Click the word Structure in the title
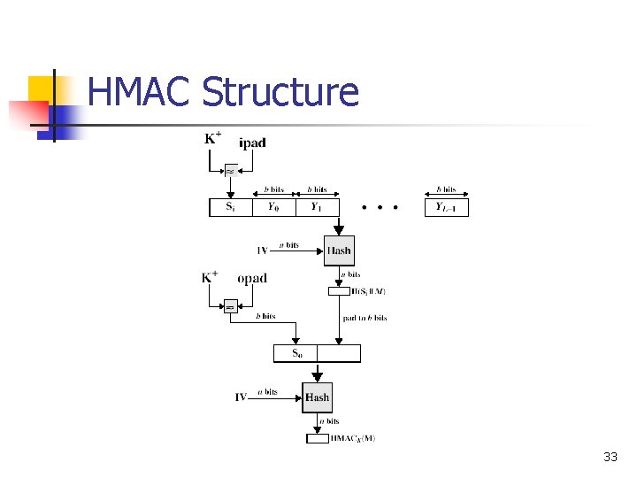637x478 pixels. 280,92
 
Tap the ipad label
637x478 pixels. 252,143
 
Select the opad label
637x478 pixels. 251,278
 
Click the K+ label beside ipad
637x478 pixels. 213,138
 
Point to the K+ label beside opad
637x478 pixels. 210,277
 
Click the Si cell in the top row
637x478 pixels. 230,207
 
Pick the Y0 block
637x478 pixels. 273,207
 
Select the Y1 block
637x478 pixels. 317,207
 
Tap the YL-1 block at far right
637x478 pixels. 446,207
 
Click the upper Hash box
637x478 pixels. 339,251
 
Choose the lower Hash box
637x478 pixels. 317,397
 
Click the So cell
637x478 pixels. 295,353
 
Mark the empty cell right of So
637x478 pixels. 339,353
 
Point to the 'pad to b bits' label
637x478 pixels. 364,318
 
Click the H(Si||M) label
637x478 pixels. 368,291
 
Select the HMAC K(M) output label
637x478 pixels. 352,438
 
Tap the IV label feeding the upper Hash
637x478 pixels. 262,251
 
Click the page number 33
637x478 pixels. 610,457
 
